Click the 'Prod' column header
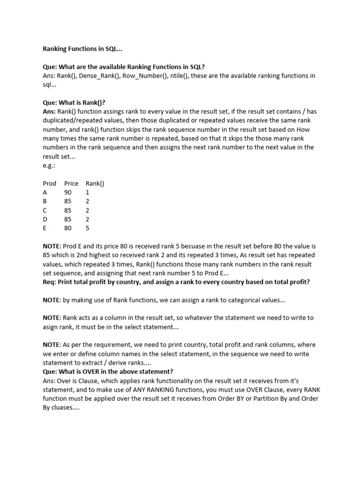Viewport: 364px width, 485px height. pos(49,183)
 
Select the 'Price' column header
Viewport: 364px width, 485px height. pos(71,183)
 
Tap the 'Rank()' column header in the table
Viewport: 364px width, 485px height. pos(95,183)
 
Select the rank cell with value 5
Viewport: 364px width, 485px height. pos(88,228)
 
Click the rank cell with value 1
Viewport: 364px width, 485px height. pos(88,192)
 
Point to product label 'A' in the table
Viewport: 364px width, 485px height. pos(45,192)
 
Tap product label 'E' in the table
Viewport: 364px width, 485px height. pos(45,228)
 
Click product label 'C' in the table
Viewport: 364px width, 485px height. pos(45,210)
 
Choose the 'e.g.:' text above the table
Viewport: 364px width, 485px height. pos(49,165)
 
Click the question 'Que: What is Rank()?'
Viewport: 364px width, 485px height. pos(74,103)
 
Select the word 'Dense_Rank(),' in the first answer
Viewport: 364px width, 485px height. pos(100,76)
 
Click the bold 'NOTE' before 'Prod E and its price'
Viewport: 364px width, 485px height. pos(52,246)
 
